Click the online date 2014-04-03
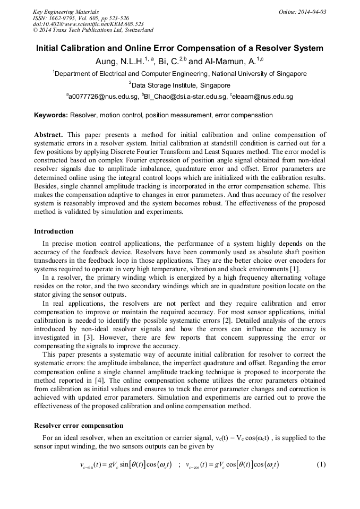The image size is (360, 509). coord(311,11)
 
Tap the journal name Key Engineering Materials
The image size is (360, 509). coord(66,11)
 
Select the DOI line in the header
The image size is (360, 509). coord(88,24)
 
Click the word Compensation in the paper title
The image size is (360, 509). coord(210,48)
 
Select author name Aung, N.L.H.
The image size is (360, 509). coord(119,62)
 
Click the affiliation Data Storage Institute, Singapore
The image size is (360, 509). coord(181,85)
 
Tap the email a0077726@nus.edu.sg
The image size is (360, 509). coord(102,97)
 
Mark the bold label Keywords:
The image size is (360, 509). coord(51,115)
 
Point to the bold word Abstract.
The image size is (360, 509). coord(48,135)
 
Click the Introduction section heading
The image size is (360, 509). coord(54,231)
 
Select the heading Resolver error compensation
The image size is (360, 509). coord(79,425)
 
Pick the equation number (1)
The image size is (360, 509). coord(321,464)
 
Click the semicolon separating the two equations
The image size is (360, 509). coord(179,465)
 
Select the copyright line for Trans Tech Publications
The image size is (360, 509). coord(93,30)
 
